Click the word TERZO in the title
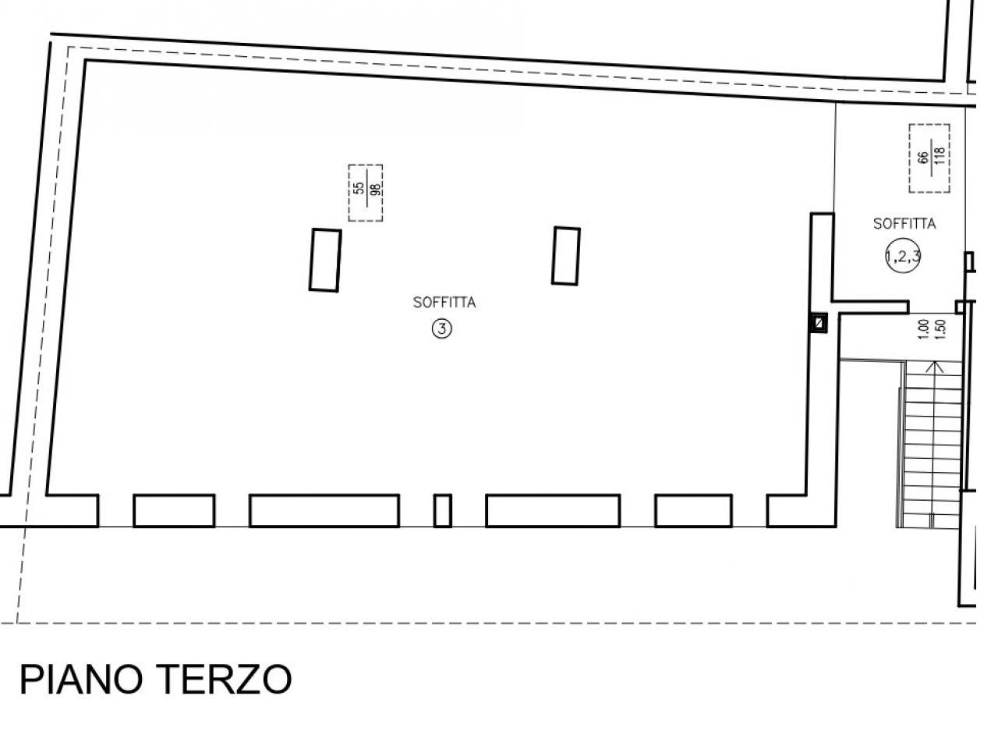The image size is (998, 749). click(224, 680)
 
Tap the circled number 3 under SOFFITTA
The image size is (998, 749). click(441, 328)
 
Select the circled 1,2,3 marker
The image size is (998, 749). click(903, 257)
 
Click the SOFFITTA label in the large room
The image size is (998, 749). click(444, 303)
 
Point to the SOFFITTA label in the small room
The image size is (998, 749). click(904, 224)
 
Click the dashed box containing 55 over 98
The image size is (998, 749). click(365, 193)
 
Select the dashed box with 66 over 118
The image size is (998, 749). click(929, 158)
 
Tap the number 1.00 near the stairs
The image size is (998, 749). click(923, 329)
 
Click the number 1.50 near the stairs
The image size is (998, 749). click(941, 329)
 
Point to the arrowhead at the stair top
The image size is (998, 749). click(934, 367)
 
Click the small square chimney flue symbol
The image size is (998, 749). click(819, 323)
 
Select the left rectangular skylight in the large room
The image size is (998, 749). click(325, 260)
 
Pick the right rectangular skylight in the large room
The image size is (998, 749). click(565, 256)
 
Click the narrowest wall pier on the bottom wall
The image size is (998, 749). click(442, 511)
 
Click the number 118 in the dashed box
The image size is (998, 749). click(940, 155)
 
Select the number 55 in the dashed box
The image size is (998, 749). click(359, 188)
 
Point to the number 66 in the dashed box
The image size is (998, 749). click(922, 158)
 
